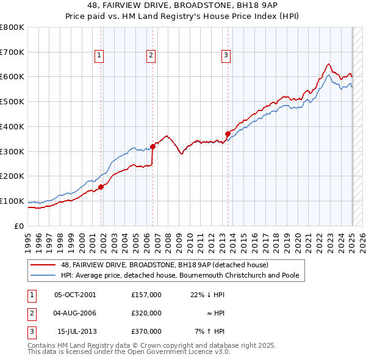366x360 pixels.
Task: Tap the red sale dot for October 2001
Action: [x=101, y=187]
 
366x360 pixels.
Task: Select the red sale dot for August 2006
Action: [x=152, y=146]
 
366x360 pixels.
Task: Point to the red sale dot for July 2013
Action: [x=228, y=134]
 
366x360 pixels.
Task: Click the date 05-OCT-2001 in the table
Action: [x=75, y=295]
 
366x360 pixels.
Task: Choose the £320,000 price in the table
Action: [x=146, y=313]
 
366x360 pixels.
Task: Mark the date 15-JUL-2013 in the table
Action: [x=76, y=331]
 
